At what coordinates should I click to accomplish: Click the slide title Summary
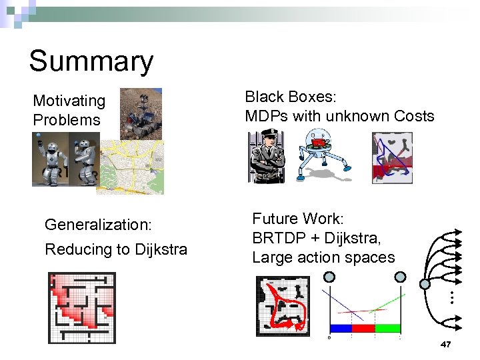(91, 61)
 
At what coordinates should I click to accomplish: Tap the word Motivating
(69, 101)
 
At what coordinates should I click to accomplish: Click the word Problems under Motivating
(66, 120)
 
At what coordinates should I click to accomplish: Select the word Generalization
(98, 225)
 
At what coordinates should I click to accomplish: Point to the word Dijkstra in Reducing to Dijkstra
(161, 249)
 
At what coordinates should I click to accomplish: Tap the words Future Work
(297, 219)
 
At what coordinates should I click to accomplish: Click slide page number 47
(446, 344)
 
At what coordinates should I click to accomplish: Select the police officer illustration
(267, 157)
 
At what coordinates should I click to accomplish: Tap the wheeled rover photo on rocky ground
(141, 114)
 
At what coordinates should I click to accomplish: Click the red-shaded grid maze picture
(82, 307)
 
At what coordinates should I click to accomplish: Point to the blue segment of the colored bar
(341, 328)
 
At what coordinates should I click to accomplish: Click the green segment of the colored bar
(387, 328)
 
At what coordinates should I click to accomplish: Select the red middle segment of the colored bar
(363, 328)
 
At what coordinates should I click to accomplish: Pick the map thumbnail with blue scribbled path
(392, 157)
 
